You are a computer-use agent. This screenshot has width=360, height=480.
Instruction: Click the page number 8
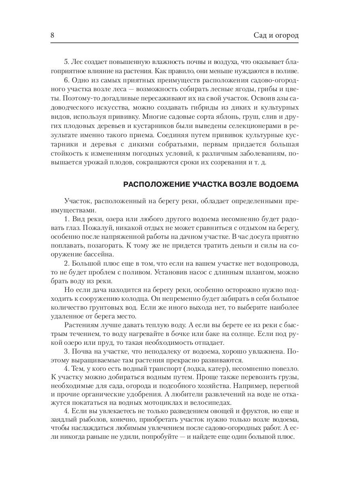(x=52, y=35)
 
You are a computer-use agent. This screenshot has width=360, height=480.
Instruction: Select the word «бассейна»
(x=100, y=254)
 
